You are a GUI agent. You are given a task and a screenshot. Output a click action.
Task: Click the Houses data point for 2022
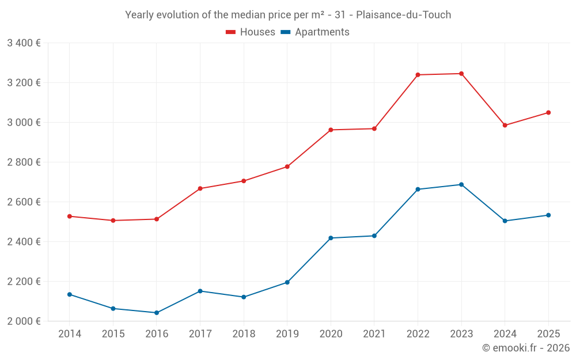(x=418, y=75)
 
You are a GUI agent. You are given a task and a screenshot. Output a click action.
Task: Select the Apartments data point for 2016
(x=157, y=313)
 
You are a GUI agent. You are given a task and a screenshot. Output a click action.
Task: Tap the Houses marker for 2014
(x=70, y=216)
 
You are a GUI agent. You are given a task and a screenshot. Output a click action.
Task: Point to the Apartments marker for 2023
(x=461, y=184)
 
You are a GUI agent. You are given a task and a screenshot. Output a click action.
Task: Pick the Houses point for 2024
(x=505, y=125)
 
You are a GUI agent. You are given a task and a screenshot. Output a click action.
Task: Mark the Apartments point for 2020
(x=331, y=238)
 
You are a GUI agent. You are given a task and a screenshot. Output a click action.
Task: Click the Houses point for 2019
(x=287, y=166)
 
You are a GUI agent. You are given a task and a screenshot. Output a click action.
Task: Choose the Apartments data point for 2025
(x=548, y=215)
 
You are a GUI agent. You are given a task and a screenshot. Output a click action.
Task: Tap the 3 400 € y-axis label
(x=24, y=43)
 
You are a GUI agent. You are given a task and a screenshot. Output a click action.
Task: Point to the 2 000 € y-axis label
(x=24, y=321)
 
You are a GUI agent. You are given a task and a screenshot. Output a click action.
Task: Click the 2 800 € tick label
(x=24, y=162)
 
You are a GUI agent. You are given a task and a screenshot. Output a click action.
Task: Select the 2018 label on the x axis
(x=244, y=334)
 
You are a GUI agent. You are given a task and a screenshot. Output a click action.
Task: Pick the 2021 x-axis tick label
(x=374, y=334)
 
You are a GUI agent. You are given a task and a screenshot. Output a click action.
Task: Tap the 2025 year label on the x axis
(x=548, y=334)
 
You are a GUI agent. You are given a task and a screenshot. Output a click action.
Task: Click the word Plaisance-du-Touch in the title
(x=404, y=14)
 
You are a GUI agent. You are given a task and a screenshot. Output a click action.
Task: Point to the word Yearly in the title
(x=139, y=14)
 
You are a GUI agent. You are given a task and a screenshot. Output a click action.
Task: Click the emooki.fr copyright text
(x=526, y=348)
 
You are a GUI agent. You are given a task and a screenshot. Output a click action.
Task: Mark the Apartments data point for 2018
(x=244, y=297)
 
